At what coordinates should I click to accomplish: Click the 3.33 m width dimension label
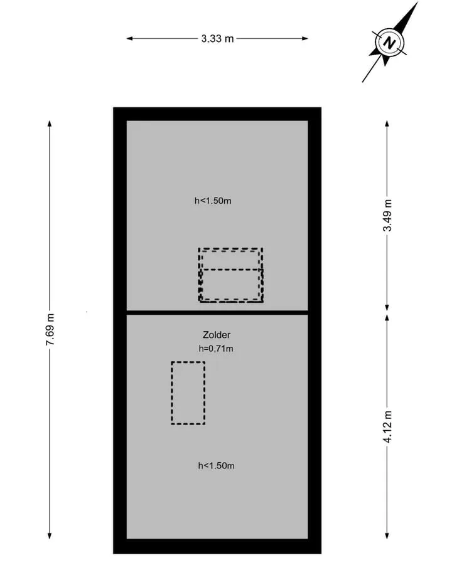click(x=217, y=38)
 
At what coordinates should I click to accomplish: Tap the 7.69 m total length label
click(x=50, y=330)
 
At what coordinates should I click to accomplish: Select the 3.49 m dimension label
click(x=387, y=215)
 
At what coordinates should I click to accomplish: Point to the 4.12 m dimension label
click(x=387, y=426)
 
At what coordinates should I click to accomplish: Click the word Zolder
click(x=217, y=335)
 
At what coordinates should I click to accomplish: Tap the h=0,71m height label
click(x=216, y=349)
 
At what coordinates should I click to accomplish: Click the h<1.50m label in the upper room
click(x=213, y=201)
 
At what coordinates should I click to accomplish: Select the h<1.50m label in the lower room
click(x=217, y=466)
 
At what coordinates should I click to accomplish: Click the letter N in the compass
click(x=389, y=43)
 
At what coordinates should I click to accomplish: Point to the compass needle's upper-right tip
click(x=417, y=3)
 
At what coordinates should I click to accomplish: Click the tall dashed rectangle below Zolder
click(x=171, y=393)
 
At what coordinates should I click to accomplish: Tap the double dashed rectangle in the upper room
click(x=199, y=275)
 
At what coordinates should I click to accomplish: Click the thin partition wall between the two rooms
click(x=217, y=312)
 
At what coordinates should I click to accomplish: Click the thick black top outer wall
click(x=217, y=114)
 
